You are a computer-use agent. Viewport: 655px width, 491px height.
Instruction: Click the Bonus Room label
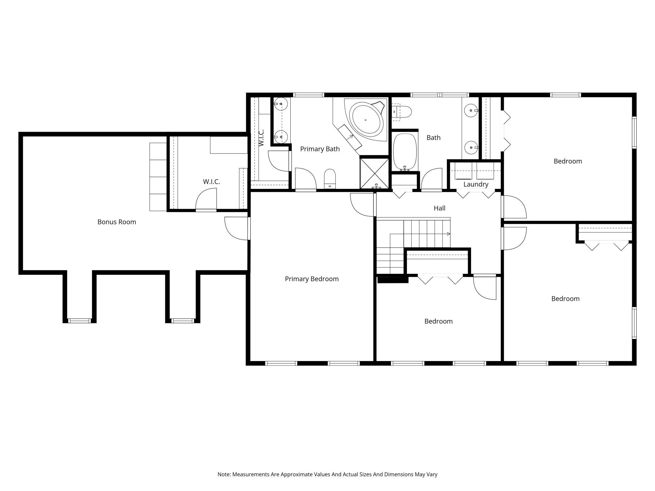tap(117, 222)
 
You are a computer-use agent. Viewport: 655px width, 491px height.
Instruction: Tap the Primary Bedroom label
tap(312, 279)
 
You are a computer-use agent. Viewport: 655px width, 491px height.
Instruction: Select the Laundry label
tap(476, 184)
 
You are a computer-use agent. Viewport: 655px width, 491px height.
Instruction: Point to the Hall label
tap(440, 208)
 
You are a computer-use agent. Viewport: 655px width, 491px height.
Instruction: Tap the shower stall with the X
tap(374, 173)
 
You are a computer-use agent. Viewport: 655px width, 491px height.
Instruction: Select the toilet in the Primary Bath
tap(330, 179)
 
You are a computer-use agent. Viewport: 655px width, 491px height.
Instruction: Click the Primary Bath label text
tap(320, 149)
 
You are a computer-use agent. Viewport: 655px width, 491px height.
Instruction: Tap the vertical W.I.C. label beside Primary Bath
tap(261, 138)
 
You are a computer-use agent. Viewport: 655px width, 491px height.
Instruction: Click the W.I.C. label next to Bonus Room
tap(211, 182)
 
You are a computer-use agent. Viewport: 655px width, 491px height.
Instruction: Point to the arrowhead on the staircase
tap(449, 234)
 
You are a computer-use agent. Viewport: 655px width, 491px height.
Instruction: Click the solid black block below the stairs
tap(393, 279)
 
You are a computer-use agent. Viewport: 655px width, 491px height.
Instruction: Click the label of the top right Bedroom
tap(568, 161)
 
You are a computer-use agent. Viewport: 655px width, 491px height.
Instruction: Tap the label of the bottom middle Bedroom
tap(438, 321)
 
